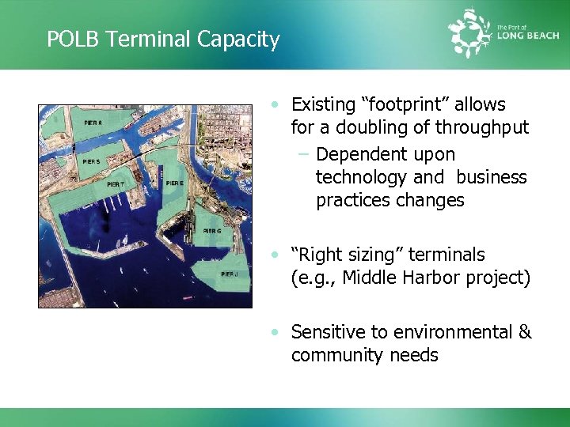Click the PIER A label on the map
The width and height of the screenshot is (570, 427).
(x=93, y=123)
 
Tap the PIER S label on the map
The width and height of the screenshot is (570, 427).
(x=91, y=161)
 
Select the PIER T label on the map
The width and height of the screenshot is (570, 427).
(x=116, y=184)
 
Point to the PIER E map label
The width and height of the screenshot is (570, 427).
(x=176, y=183)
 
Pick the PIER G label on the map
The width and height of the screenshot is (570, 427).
(x=212, y=231)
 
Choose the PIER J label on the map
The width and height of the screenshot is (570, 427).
(x=230, y=274)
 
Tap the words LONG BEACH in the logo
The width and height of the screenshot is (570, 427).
(x=529, y=35)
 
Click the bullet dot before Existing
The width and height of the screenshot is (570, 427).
(x=274, y=104)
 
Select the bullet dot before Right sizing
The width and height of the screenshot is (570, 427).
(x=274, y=255)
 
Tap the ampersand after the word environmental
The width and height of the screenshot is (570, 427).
(x=524, y=332)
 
